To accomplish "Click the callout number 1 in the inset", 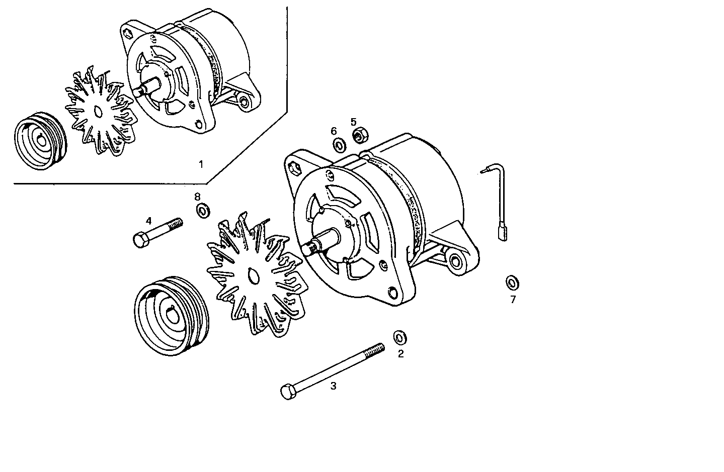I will coord(201,164).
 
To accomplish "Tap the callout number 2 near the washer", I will coord(400,354).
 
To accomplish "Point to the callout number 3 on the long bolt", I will coord(333,386).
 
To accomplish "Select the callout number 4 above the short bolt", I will coord(148,221).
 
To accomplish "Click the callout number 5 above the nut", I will coord(353,122).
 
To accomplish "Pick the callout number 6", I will coord(334,131).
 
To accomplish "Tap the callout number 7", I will coord(513,300).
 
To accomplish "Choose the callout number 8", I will coord(197,196).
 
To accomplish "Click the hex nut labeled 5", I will coord(360,135).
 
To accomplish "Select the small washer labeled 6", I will coord(340,146).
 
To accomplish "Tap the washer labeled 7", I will coord(512,283).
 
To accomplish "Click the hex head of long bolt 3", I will coord(287,392).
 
